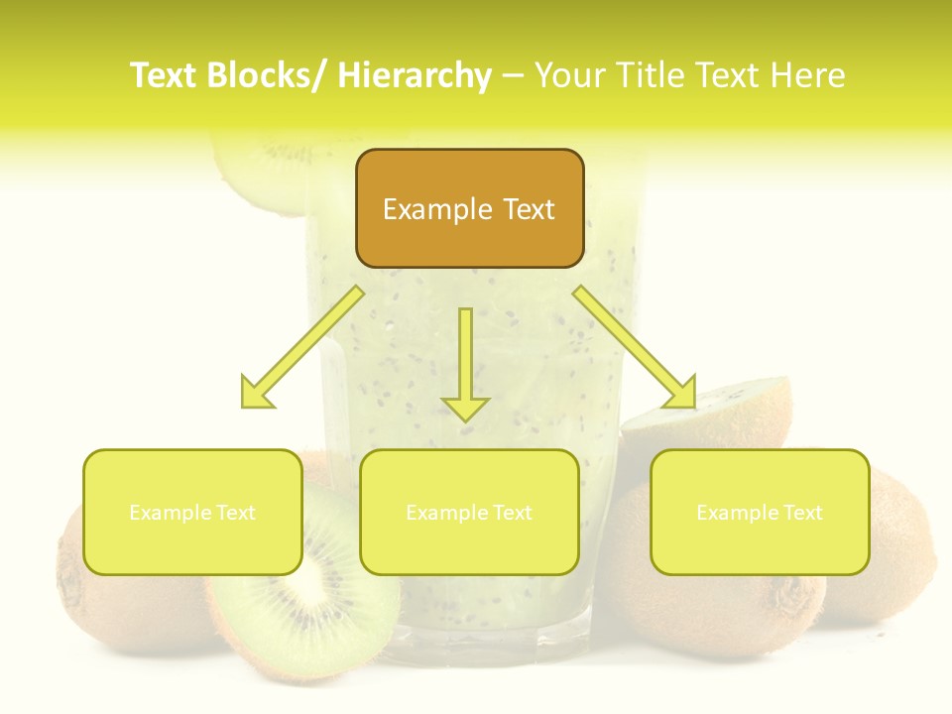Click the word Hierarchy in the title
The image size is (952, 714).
[415, 75]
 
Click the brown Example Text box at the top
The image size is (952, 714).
[469, 208]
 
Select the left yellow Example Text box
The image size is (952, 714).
[192, 512]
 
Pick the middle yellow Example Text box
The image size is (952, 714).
[469, 512]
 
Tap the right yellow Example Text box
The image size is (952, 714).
[760, 512]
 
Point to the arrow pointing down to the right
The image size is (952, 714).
[636, 347]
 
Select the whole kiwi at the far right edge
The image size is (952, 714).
[892, 555]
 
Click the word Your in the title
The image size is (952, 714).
[570, 75]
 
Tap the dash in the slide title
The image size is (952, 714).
[513, 75]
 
